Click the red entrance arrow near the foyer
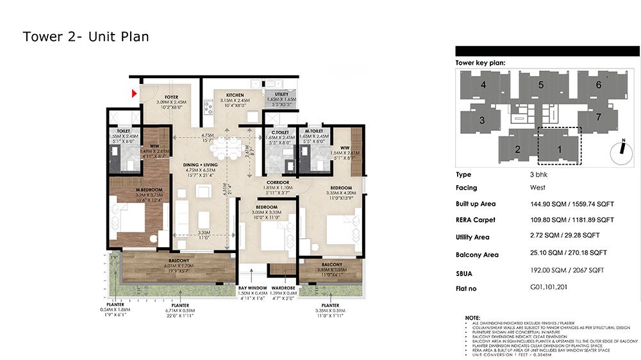(135, 94)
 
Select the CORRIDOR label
(278, 183)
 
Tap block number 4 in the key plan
(482, 85)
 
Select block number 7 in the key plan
(598, 117)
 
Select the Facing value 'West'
(529, 188)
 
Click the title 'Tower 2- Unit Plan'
(86, 37)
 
